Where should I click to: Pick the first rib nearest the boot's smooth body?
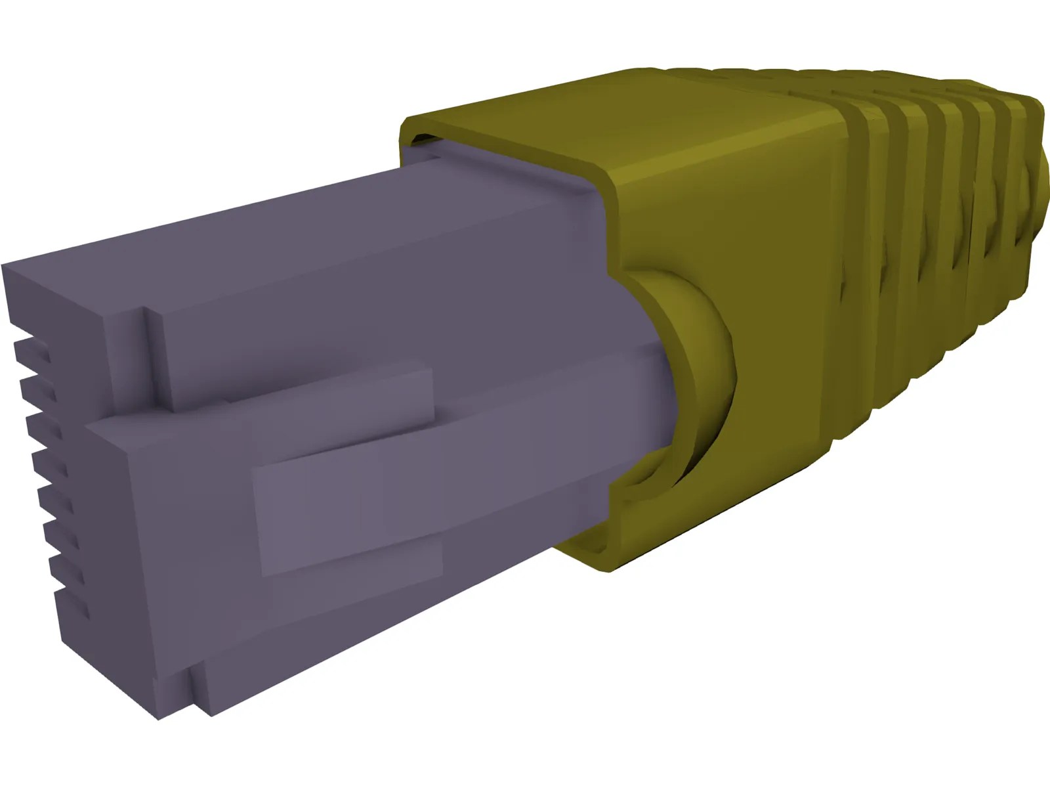[x=853, y=263]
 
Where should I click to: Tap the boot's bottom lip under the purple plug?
[x=591, y=552]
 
